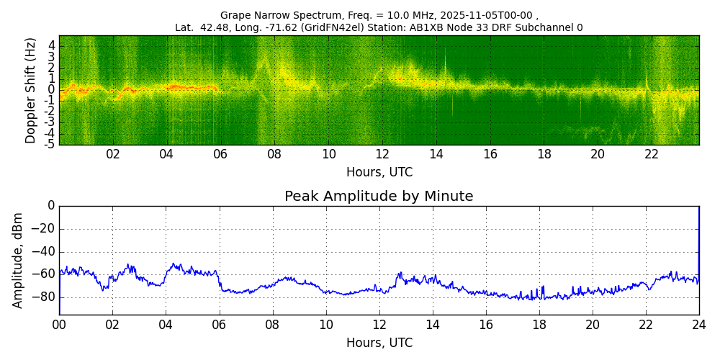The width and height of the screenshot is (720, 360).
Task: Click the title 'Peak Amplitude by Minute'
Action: coord(379,197)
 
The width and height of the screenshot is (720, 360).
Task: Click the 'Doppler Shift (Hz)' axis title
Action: coord(31,90)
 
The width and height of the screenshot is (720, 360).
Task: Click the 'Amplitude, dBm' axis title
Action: coord(19,260)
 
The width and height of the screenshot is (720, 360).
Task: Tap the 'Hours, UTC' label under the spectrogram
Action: coord(379,172)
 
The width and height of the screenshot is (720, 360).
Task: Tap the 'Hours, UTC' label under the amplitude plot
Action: coord(379,343)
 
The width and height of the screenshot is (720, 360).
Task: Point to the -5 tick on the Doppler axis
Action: coord(51,144)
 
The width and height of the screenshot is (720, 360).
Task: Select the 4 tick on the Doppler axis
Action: coord(52,45)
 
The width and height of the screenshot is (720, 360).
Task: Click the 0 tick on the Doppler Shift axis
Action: coord(52,90)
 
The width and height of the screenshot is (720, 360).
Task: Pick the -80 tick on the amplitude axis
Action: coord(44,297)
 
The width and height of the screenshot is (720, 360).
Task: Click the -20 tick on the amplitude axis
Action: coord(44,229)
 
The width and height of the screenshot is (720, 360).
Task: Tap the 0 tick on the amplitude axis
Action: coord(50,206)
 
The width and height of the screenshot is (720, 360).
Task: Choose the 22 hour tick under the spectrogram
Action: coord(652,154)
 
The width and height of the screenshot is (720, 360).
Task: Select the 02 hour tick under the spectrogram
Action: coord(113,154)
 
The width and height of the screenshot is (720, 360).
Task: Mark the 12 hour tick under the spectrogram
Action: coord(382,154)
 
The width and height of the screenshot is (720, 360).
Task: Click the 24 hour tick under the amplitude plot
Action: coord(698,325)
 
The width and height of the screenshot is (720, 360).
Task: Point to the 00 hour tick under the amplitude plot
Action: coord(59,325)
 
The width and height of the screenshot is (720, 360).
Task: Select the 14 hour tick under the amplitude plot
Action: coord(432,325)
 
